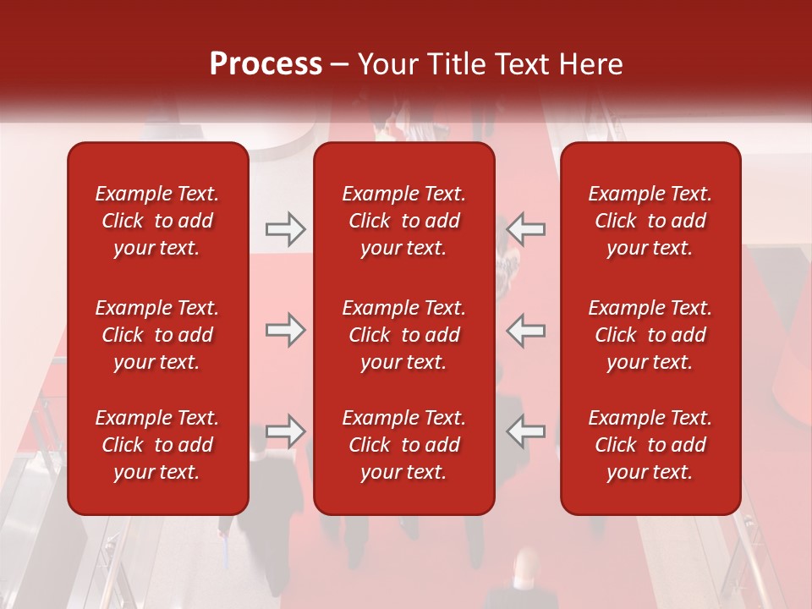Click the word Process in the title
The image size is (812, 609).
tap(266, 64)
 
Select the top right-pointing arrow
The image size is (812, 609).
tap(285, 229)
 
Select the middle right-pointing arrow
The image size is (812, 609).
tap(285, 330)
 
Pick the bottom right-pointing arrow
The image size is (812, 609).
tap(285, 431)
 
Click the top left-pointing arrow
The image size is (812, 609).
tap(525, 229)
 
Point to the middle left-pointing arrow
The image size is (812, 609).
tap(525, 330)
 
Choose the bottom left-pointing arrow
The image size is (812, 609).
tap(525, 431)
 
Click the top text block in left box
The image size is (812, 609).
tap(157, 221)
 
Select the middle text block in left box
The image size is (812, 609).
tap(157, 335)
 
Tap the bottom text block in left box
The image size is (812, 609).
tap(157, 445)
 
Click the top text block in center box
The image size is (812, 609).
tap(403, 221)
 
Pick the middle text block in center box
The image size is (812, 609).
tap(403, 335)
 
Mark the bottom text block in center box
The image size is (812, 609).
tap(403, 445)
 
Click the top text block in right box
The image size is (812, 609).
tap(650, 221)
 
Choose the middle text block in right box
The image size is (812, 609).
tap(650, 335)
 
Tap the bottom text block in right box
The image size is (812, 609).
tap(650, 445)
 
